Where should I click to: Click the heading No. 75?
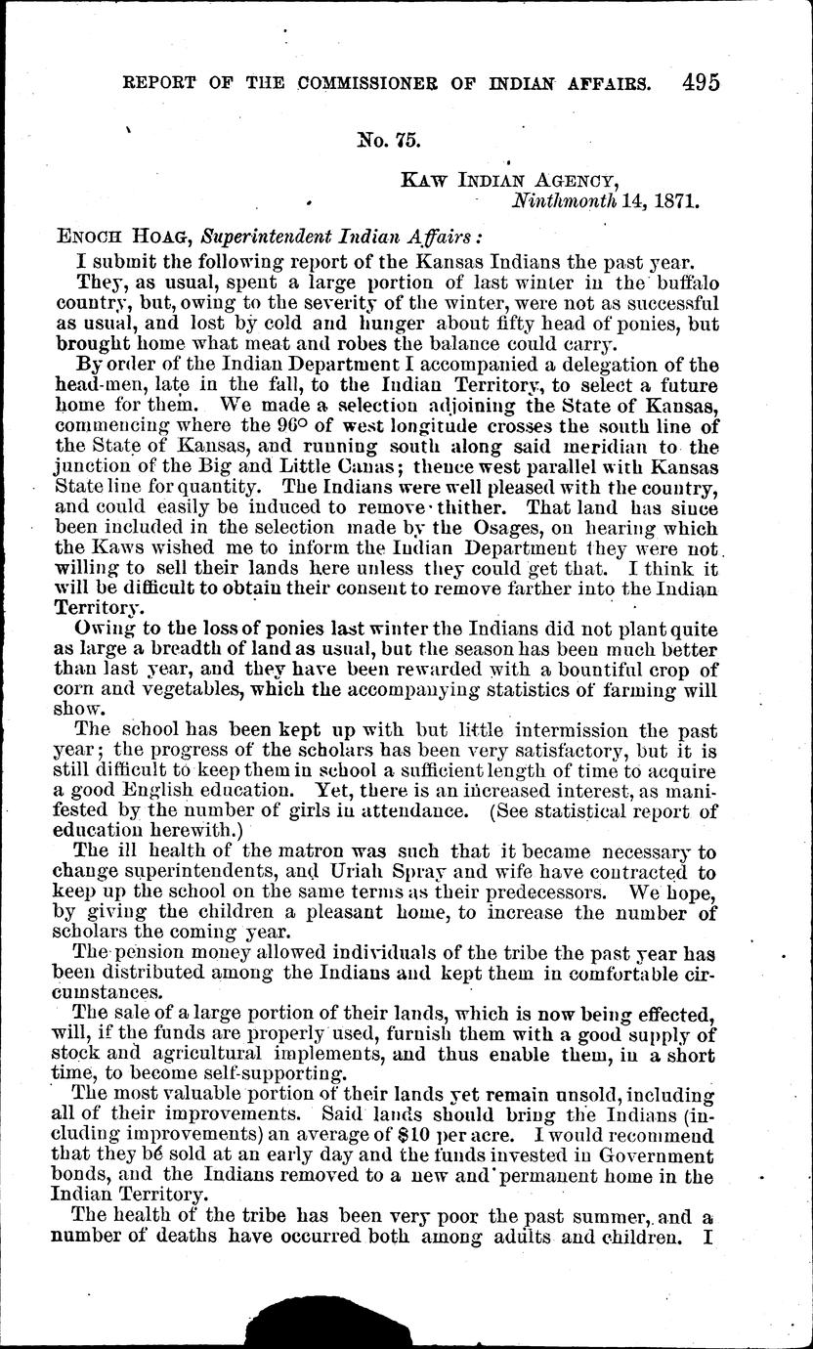390,140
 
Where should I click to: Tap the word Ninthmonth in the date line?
562,202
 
